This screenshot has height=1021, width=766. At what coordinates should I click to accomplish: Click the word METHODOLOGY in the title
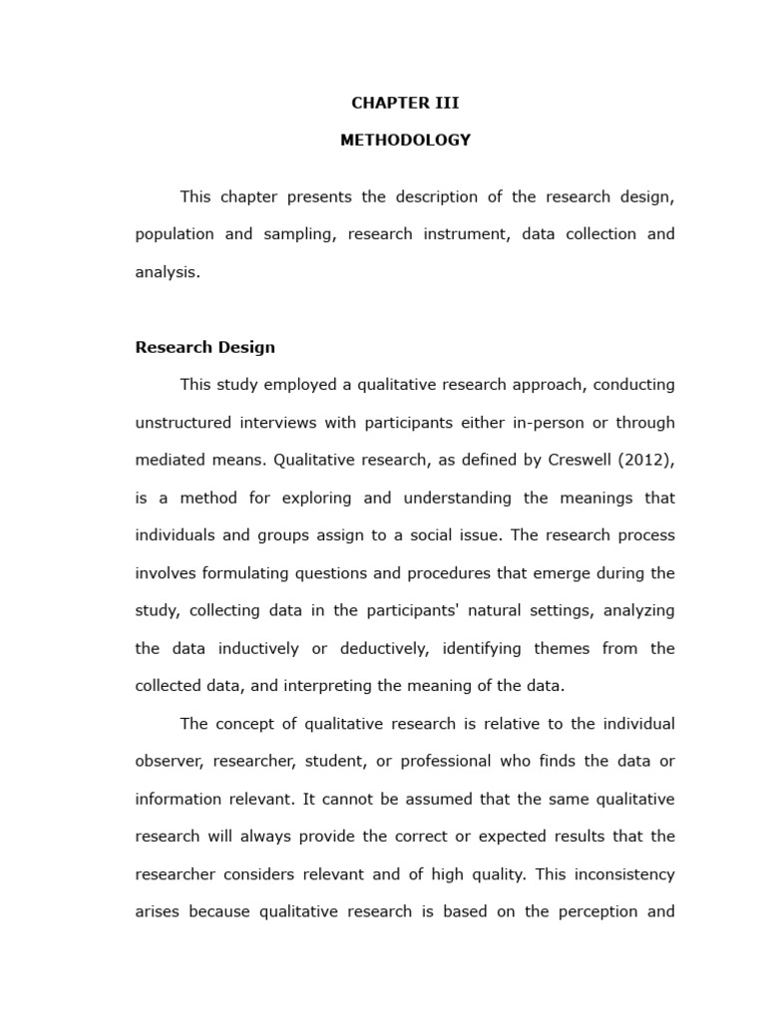pos(405,141)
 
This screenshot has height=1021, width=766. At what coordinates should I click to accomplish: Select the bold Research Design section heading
pos(204,348)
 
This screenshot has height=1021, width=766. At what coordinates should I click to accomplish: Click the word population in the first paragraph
pos(175,234)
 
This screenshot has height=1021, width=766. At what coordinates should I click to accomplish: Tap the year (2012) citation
pos(646,460)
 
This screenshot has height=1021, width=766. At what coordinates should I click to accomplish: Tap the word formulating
pos(249,573)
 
